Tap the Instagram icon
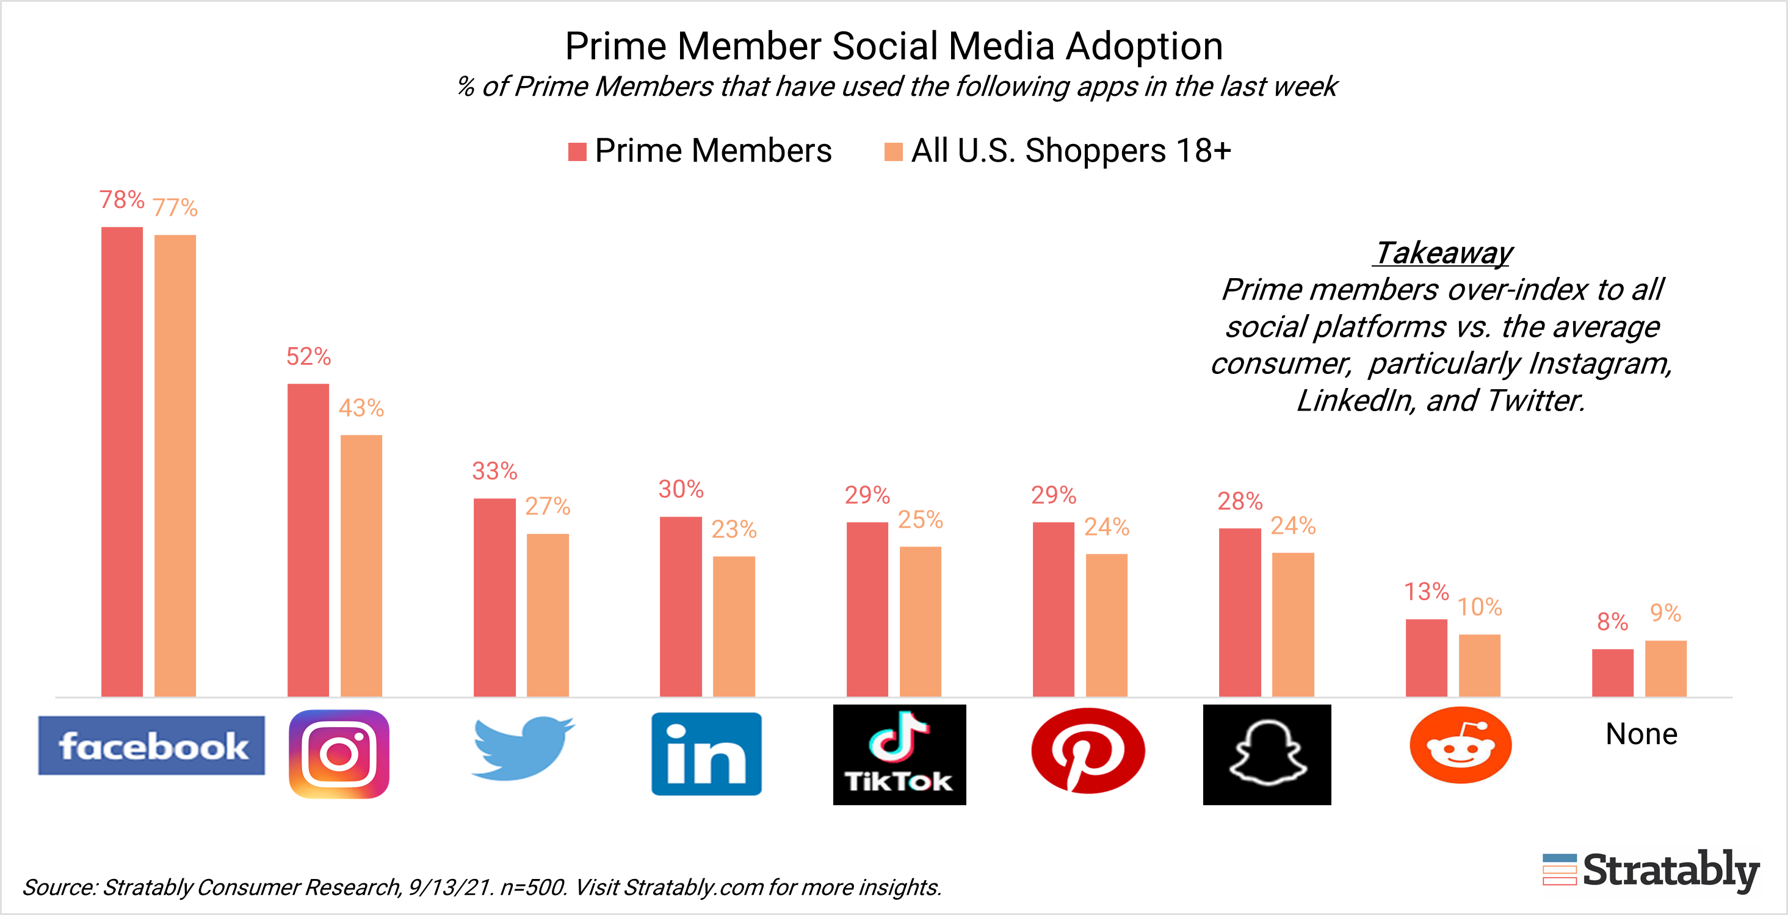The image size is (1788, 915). (339, 753)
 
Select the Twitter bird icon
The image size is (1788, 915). (522, 748)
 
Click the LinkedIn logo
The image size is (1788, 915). (706, 753)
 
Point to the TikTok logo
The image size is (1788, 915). (899, 754)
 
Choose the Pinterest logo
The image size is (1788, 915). (1088, 750)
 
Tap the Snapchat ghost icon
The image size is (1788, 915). (1267, 754)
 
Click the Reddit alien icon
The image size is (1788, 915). (1460, 747)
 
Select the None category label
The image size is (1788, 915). (1641, 734)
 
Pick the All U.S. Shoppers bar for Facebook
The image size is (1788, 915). (175, 465)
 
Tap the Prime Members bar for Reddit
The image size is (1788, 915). (1427, 658)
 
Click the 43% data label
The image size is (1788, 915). (361, 408)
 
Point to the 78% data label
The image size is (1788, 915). (121, 200)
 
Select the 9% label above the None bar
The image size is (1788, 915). (1665, 612)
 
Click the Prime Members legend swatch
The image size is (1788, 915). (577, 151)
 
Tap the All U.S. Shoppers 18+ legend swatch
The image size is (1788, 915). (893, 151)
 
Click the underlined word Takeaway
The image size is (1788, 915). (1443, 253)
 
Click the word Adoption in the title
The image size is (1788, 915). (1144, 46)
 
